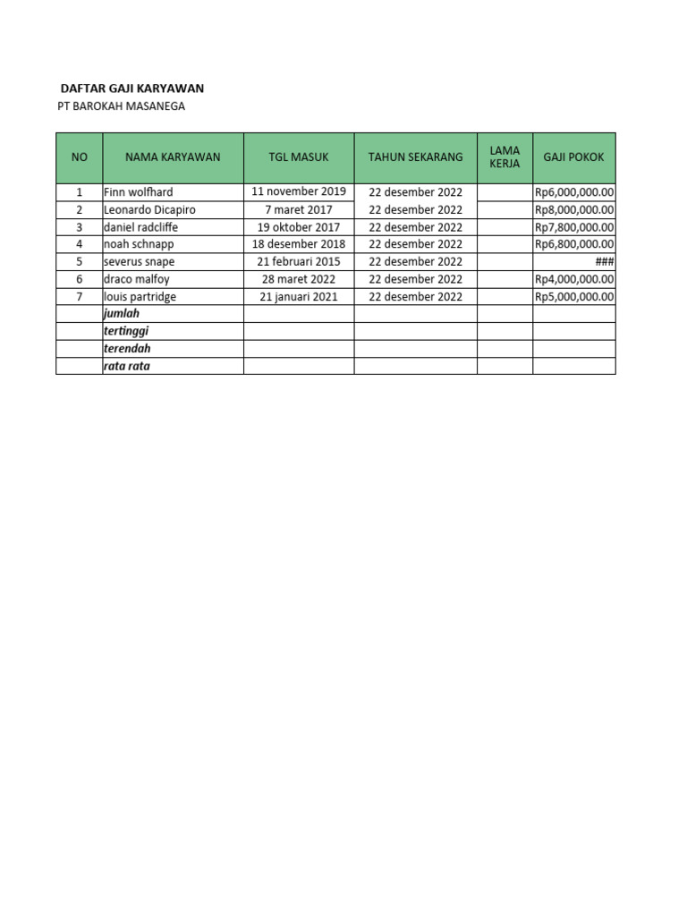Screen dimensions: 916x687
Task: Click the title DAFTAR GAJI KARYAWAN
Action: coord(131,89)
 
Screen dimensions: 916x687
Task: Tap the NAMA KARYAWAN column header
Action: coord(173,157)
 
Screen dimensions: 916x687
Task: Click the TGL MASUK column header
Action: coord(299,157)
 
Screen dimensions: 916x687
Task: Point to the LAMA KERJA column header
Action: coord(505,157)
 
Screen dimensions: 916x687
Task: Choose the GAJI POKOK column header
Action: coord(573,157)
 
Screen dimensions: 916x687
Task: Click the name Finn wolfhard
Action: coord(138,192)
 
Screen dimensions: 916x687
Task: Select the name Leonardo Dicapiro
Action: coord(149,209)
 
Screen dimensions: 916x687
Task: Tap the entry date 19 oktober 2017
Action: coord(299,226)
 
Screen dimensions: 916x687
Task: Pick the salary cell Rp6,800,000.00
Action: coord(574,244)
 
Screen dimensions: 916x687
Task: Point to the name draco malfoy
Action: coord(136,279)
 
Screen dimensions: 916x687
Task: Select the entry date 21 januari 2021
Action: coord(299,296)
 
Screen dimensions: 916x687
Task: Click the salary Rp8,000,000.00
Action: coord(574,209)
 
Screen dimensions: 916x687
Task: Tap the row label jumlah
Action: coord(122,314)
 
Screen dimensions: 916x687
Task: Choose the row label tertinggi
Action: coord(126,331)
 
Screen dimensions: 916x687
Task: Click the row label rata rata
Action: coord(127,366)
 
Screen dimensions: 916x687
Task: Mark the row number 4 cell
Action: coord(79,244)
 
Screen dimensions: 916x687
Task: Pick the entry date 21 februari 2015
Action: coord(299,261)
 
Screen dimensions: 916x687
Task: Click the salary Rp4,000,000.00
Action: coord(574,279)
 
